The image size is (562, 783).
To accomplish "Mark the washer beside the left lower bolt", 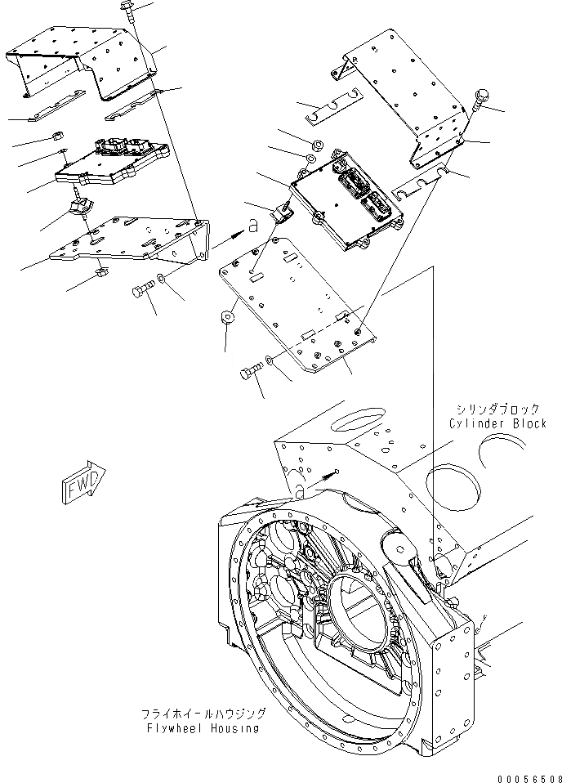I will pos(163,280).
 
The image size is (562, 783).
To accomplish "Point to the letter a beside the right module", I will pos(253,225).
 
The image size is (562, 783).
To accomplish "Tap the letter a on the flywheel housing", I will pos(300,490).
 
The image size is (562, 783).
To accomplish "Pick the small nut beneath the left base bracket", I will pos(101,271).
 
